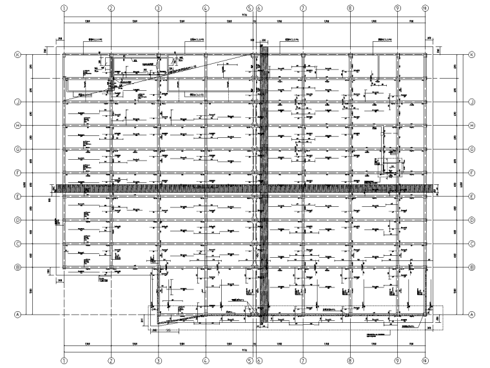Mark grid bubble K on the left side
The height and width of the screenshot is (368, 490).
pos(17,55)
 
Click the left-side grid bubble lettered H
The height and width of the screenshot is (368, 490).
pos(17,125)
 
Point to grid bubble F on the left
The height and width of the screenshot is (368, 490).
pos(17,173)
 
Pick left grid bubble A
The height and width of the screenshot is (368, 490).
pos(17,315)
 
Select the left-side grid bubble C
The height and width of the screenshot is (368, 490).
pos(17,244)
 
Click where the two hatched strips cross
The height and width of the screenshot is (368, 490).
pos(264,189)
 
